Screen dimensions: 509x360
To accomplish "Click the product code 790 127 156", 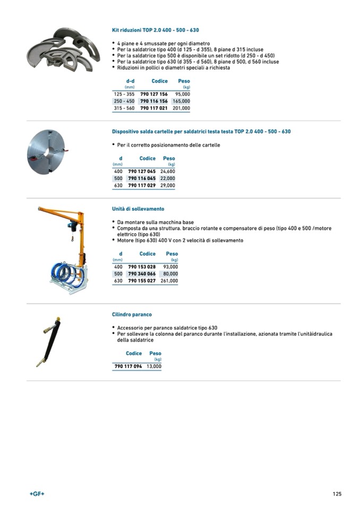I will [153, 94].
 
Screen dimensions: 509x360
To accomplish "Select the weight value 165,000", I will [181, 101].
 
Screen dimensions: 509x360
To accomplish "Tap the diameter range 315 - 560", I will [124, 108].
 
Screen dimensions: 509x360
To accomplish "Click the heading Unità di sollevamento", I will [138, 209].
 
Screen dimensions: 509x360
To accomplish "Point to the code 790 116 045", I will [142, 178].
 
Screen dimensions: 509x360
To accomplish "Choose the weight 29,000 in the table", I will [167, 186].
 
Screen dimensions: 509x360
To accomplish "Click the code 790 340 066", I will [142, 274].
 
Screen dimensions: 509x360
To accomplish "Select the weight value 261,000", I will [169, 281].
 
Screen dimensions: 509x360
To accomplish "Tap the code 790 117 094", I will [128, 366].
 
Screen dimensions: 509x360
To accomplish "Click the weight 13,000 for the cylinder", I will [153, 366].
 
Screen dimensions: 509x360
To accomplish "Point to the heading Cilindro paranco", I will [132, 315].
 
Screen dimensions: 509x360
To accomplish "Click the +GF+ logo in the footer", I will [37, 494].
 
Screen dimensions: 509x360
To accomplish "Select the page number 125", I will [337, 494].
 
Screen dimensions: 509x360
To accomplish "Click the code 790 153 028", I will [142, 266].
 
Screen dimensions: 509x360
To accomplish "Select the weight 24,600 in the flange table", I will [167, 171].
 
